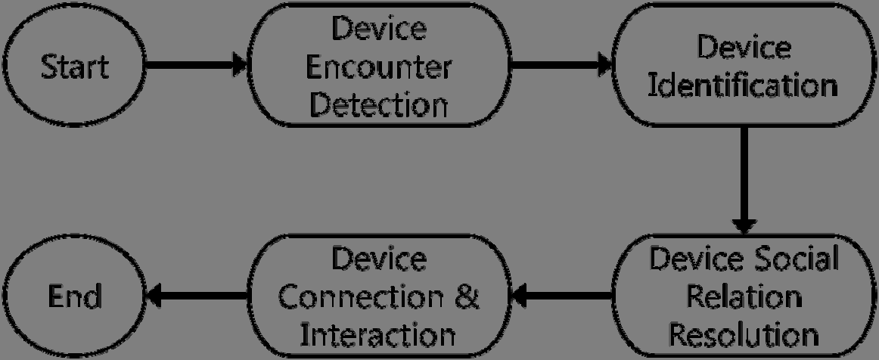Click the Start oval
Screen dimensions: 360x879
tap(75, 67)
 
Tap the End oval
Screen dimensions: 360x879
tap(75, 296)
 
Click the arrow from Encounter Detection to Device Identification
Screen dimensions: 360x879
tap(561, 65)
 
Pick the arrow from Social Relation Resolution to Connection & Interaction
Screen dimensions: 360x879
tap(561, 296)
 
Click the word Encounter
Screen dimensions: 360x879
tap(380, 67)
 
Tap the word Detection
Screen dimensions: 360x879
tap(380, 104)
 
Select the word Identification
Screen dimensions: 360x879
tap(744, 85)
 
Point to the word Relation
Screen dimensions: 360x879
tap(744, 296)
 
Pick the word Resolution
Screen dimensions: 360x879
tap(744, 333)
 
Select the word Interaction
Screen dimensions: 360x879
tap(380, 333)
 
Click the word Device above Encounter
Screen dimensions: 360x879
tap(380, 31)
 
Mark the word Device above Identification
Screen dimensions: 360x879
tap(744, 48)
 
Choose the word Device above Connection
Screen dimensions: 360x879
tap(380, 259)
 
